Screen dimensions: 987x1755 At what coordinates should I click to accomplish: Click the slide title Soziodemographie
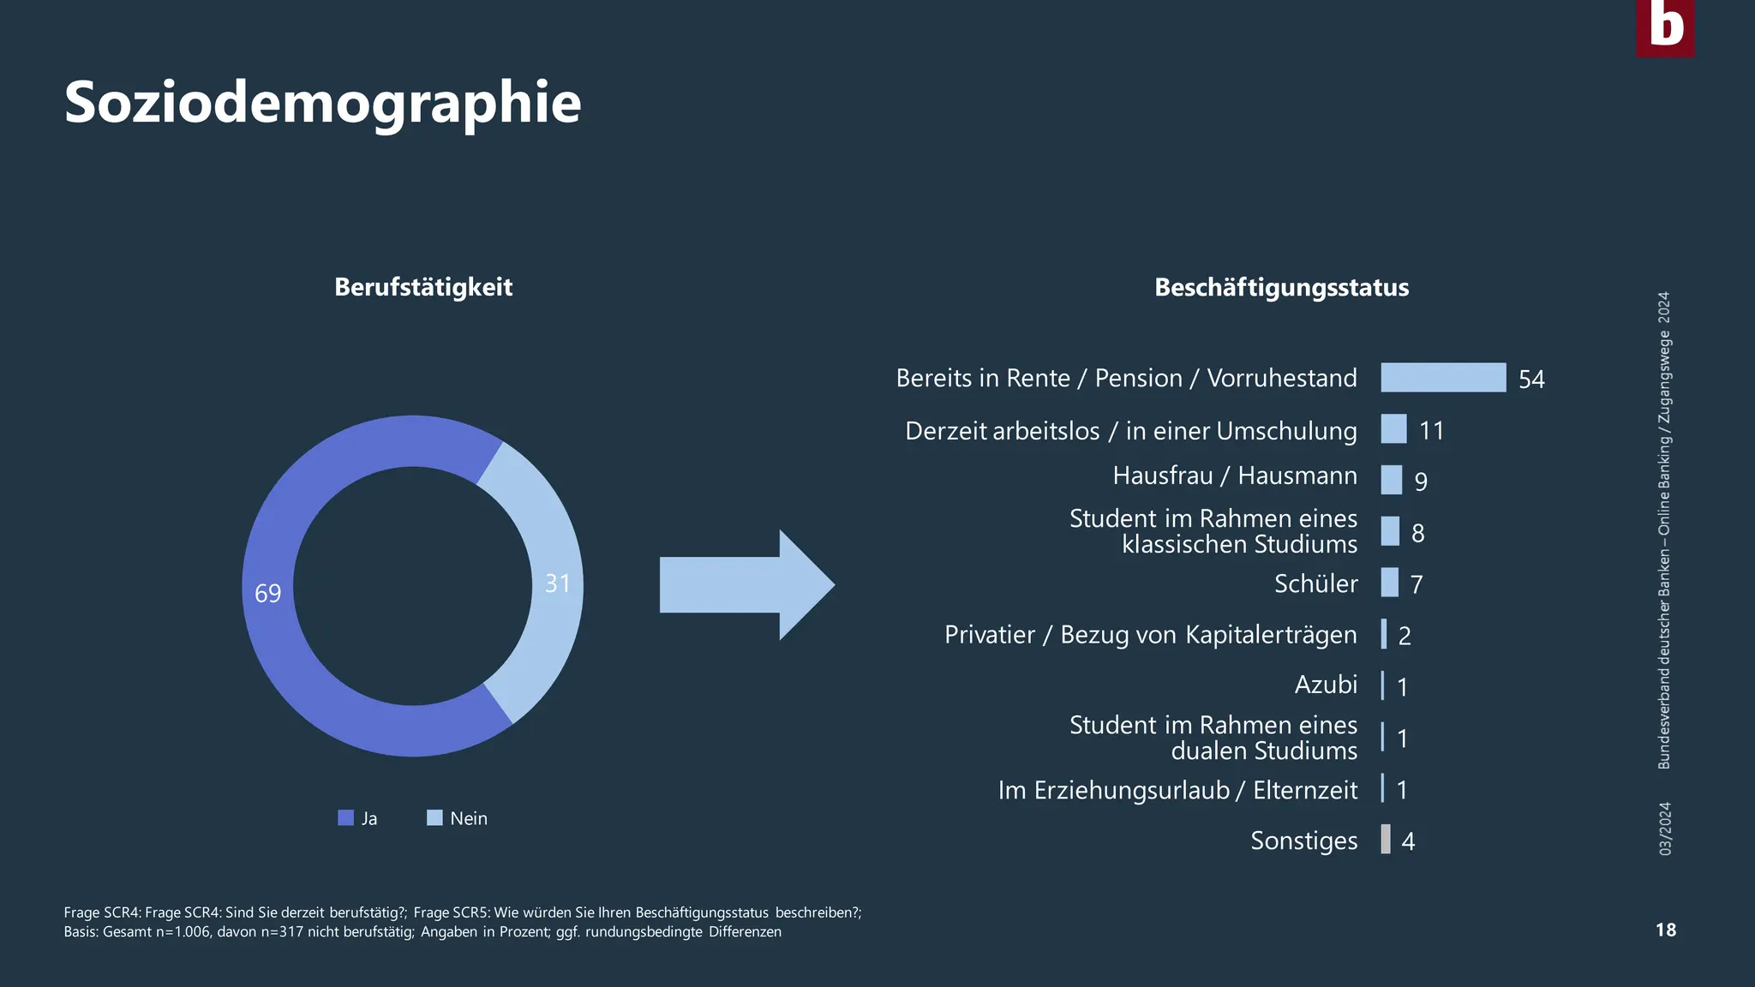pos(322,103)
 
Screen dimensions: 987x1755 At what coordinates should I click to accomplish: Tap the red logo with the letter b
pos(1665,27)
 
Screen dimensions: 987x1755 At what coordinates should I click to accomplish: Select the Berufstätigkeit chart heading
pos(423,287)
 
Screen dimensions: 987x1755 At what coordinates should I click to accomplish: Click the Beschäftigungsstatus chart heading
pos(1281,287)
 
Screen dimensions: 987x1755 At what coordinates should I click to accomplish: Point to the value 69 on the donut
pos(268,593)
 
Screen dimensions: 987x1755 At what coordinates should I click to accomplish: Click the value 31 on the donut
pos(558,583)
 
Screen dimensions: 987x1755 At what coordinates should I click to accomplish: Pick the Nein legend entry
pos(458,818)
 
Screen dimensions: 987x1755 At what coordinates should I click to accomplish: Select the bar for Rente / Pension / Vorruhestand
pos(1443,378)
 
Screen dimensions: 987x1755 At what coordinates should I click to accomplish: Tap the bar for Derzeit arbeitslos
pos(1393,429)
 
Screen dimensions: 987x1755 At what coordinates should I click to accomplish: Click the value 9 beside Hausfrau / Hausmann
pos(1421,482)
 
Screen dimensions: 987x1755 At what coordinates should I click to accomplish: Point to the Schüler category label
pos(1315,583)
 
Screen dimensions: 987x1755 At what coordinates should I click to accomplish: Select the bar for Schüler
pos(1389,583)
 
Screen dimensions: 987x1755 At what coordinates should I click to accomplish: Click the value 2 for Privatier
pos(1405,636)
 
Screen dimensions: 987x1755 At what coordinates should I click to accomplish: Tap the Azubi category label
pos(1326,685)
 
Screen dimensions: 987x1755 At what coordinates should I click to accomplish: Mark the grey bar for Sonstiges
pos(1386,840)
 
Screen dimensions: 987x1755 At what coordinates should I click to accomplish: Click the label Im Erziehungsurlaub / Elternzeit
pos(1177,790)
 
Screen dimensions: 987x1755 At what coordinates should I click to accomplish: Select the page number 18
pos(1665,930)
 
